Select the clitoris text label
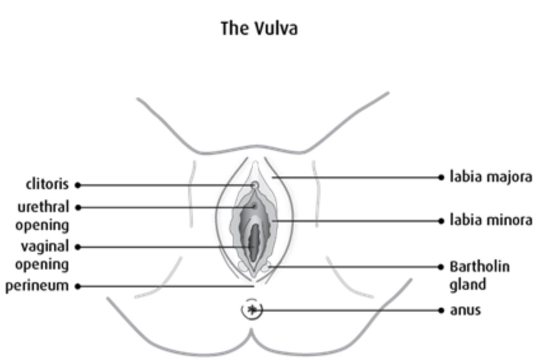(47, 185)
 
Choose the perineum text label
(37, 286)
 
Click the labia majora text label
(491, 176)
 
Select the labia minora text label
(491, 220)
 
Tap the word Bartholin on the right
(479, 266)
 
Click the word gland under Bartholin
(468, 284)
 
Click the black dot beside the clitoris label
(78, 185)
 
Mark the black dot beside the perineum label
(78, 286)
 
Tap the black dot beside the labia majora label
(442, 177)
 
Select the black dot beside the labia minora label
(442, 221)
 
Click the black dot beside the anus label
(442, 310)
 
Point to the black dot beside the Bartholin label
(442, 267)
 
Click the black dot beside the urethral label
(78, 207)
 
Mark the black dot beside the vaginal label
(78, 247)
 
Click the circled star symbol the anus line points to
(252, 310)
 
